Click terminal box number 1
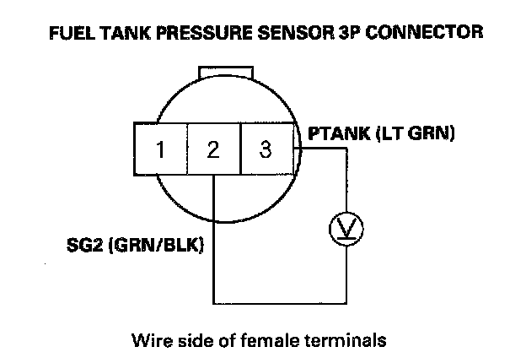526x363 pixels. point(159,150)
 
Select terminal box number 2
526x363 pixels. point(212,150)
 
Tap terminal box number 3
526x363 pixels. point(266,150)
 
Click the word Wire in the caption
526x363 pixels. point(149,341)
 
